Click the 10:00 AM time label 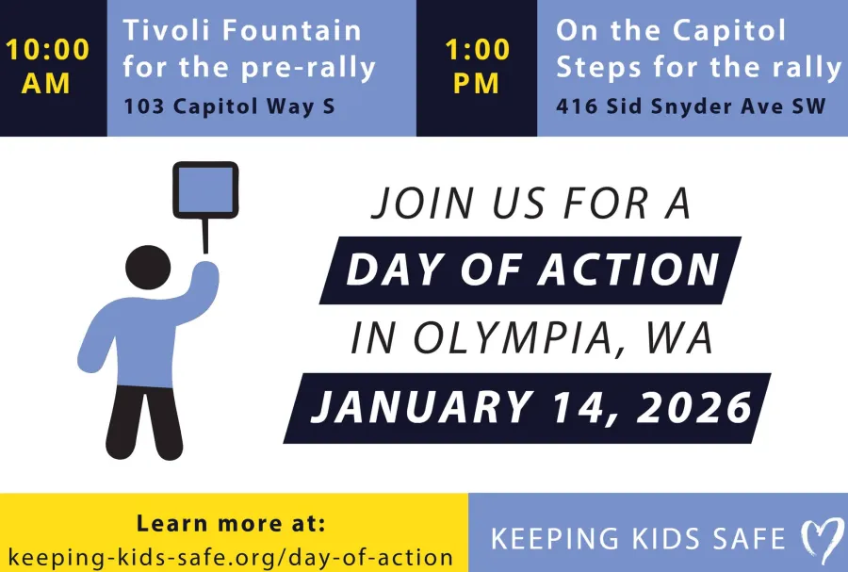point(47,66)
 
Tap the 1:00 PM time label point(476,66)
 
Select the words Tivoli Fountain point(242,30)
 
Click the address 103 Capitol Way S point(229,106)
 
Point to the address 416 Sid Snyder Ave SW point(691,106)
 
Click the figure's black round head point(148,267)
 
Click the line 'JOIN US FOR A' point(530,204)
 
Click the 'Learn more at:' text point(231,523)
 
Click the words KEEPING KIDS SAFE point(638,539)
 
